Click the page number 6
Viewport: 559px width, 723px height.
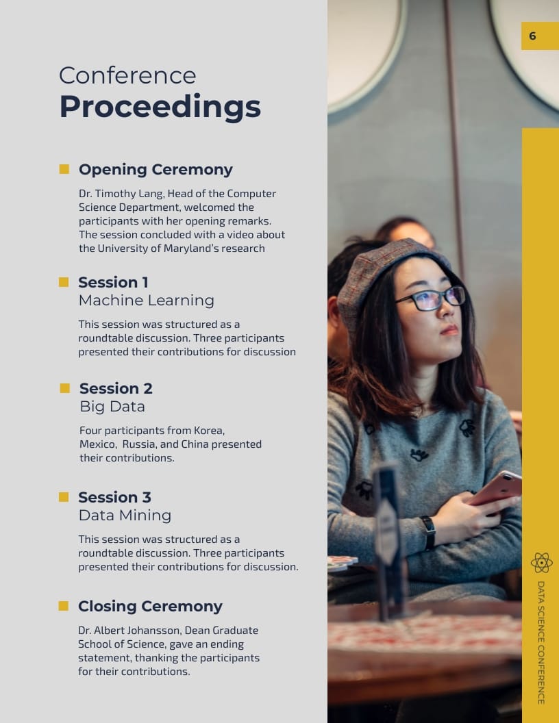532,36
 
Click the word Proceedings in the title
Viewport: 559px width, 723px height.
160,107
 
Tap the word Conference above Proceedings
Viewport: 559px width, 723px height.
127,75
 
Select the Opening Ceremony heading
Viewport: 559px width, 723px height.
156,169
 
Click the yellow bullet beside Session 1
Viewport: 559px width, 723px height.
64,282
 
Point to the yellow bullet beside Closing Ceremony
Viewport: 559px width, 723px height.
64,606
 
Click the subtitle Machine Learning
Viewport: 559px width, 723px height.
146,300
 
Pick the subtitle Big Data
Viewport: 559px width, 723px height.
112,406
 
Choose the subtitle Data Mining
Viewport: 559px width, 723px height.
125,515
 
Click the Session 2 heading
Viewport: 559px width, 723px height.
116,388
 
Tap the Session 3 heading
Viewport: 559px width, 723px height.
114,497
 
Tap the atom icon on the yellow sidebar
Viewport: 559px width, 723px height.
541,563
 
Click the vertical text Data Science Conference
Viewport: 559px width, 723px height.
541,642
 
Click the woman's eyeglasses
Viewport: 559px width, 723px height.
432,299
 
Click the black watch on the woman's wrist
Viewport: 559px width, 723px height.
428,532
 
